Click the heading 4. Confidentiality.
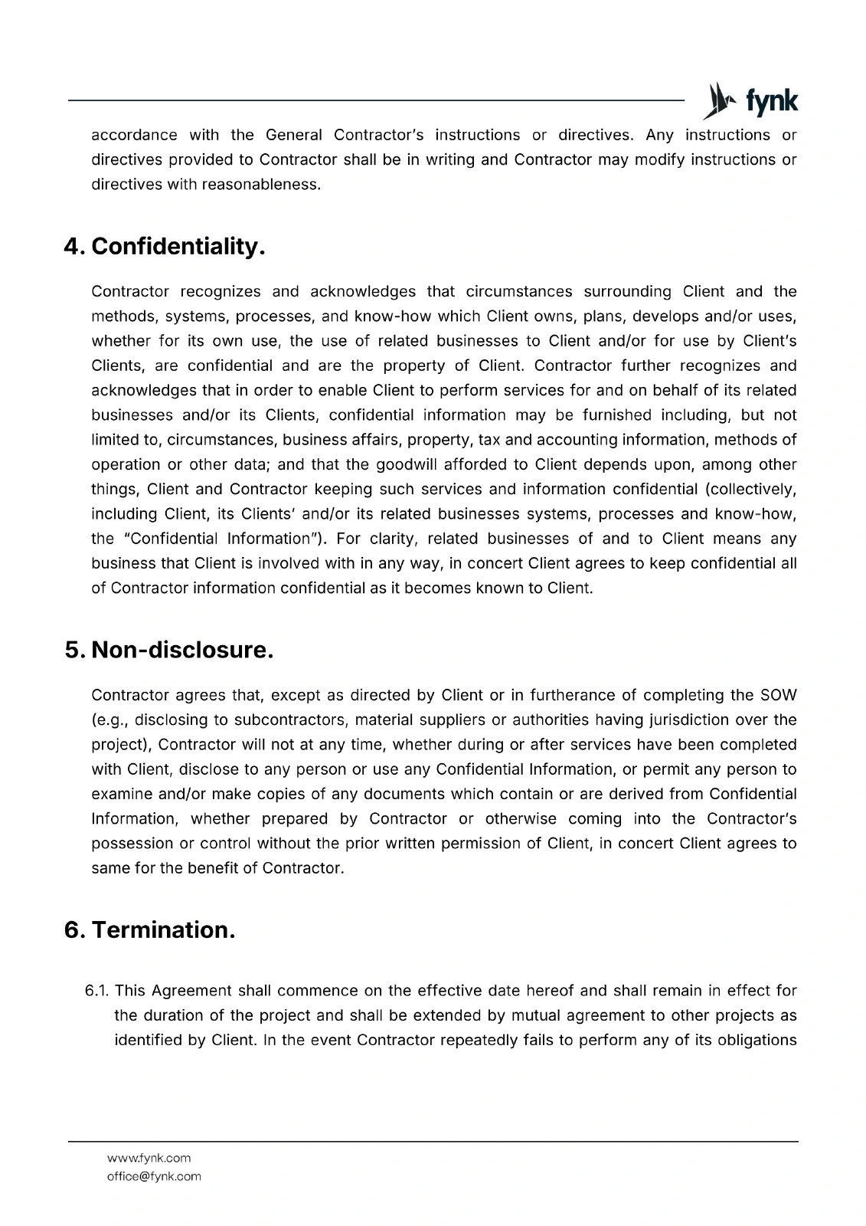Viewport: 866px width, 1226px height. [x=165, y=247]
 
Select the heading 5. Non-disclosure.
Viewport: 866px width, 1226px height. [x=168, y=651]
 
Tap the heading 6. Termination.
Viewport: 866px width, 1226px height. [x=149, y=930]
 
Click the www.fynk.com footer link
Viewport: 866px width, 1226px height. [x=149, y=1158]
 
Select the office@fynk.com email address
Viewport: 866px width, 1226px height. [x=154, y=1176]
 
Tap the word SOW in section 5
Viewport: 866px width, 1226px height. [x=778, y=696]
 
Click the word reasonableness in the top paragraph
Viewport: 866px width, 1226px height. [x=261, y=185]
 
